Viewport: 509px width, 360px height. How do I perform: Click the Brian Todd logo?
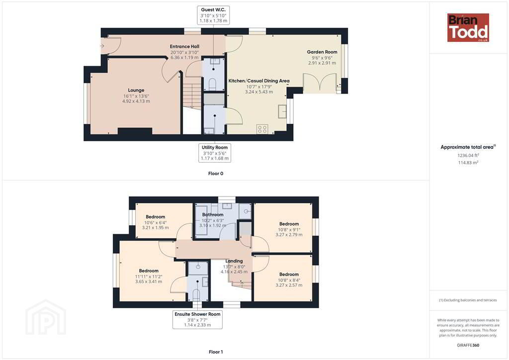pyautogui.click(x=468, y=27)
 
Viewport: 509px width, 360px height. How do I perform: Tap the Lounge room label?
pyautogui.click(x=136, y=90)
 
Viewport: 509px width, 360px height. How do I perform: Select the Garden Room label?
pyautogui.click(x=322, y=52)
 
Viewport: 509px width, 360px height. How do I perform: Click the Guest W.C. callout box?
pyautogui.click(x=213, y=15)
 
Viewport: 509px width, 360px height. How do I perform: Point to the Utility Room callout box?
pyautogui.click(x=215, y=153)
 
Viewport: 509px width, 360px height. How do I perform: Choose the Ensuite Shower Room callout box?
pyautogui.click(x=197, y=319)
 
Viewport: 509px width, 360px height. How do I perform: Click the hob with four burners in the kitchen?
pyautogui.click(x=262, y=129)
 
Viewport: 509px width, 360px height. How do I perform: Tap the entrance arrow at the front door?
pyautogui.click(x=102, y=46)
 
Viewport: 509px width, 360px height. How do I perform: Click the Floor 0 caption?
pyautogui.click(x=216, y=174)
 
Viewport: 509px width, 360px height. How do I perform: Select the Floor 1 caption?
pyautogui.click(x=216, y=352)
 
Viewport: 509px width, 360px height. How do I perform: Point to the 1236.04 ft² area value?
pyautogui.click(x=468, y=156)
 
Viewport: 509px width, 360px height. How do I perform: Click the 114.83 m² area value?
pyautogui.click(x=468, y=163)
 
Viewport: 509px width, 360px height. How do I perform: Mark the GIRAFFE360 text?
pyautogui.click(x=468, y=346)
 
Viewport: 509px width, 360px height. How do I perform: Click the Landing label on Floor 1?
pyautogui.click(x=234, y=261)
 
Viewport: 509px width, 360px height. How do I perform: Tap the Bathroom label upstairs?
pyautogui.click(x=213, y=215)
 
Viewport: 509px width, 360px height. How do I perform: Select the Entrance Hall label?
pyautogui.click(x=184, y=46)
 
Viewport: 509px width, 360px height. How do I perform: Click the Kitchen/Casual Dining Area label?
pyautogui.click(x=258, y=81)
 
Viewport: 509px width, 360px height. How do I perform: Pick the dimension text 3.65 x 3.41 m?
pyautogui.click(x=149, y=281)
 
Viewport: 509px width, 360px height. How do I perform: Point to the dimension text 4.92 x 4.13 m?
pyautogui.click(x=136, y=101)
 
